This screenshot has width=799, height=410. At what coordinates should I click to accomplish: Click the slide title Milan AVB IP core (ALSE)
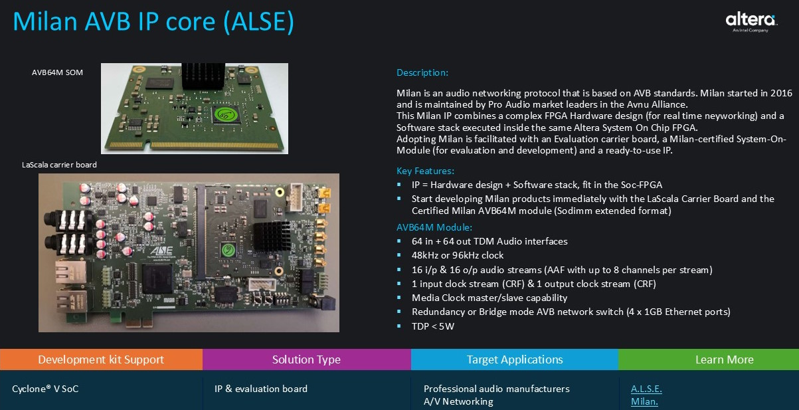(153, 21)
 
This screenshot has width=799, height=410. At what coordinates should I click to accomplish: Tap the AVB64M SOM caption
(58, 72)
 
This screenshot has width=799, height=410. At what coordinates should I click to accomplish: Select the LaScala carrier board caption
(59, 165)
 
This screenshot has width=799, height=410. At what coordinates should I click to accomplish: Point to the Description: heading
(422, 72)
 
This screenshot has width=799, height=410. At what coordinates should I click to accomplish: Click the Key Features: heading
(425, 171)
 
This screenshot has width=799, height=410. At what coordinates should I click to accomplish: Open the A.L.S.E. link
(646, 389)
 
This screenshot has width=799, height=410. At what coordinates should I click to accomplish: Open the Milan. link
(644, 402)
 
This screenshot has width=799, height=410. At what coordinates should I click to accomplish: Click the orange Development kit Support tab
(101, 359)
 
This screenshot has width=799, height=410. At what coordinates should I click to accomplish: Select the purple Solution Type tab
(306, 359)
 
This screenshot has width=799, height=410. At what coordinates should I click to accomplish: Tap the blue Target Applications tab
(515, 359)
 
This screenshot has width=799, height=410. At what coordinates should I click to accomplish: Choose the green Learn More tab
(724, 359)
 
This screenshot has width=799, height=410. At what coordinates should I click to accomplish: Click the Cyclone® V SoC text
(45, 389)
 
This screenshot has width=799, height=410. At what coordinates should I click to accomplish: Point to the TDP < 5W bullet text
(433, 326)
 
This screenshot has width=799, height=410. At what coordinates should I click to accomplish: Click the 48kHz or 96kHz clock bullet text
(458, 255)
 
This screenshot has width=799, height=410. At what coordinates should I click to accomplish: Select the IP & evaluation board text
(261, 389)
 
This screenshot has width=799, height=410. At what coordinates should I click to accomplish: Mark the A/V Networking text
(458, 401)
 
